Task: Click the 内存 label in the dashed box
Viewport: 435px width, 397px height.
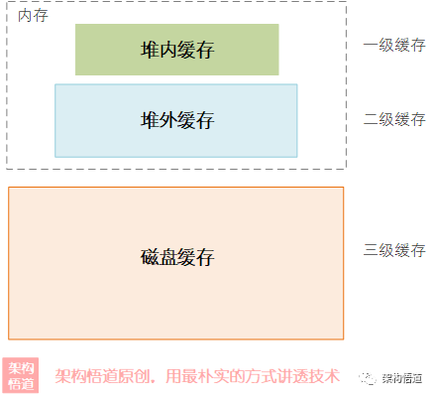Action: pyautogui.click(x=33, y=16)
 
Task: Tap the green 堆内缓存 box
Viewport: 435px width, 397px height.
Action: pyautogui.click(x=177, y=50)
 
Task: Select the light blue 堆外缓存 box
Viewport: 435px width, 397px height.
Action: pyautogui.click(x=176, y=121)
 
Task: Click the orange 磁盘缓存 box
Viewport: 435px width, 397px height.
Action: pyautogui.click(x=176, y=263)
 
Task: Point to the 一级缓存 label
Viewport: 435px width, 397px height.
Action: pyautogui.click(x=394, y=45)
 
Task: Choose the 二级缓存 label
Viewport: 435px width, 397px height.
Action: pyautogui.click(x=394, y=119)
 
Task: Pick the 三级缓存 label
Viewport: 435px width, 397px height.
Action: pyautogui.click(x=394, y=250)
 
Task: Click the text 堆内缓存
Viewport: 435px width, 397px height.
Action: pyautogui.click(x=177, y=50)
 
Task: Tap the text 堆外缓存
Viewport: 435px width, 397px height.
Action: pyautogui.click(x=177, y=120)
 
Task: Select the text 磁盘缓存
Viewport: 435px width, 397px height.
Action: pyautogui.click(x=177, y=257)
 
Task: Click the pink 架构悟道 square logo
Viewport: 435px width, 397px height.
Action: pyautogui.click(x=21, y=375)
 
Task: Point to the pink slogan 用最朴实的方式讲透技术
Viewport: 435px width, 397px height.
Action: pyautogui.click(x=253, y=376)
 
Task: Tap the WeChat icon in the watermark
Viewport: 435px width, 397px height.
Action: pyautogui.click(x=368, y=378)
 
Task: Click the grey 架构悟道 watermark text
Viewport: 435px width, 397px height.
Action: pyautogui.click(x=402, y=378)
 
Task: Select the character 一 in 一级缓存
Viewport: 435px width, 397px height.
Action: pyautogui.click(x=371, y=45)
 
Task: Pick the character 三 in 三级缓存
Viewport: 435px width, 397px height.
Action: pyautogui.click(x=371, y=250)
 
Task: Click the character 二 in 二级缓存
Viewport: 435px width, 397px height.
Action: pyautogui.click(x=371, y=119)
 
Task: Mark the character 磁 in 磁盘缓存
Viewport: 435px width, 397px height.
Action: pyautogui.click(x=150, y=257)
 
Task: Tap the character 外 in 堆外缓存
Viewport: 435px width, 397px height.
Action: pyautogui.click(x=168, y=120)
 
